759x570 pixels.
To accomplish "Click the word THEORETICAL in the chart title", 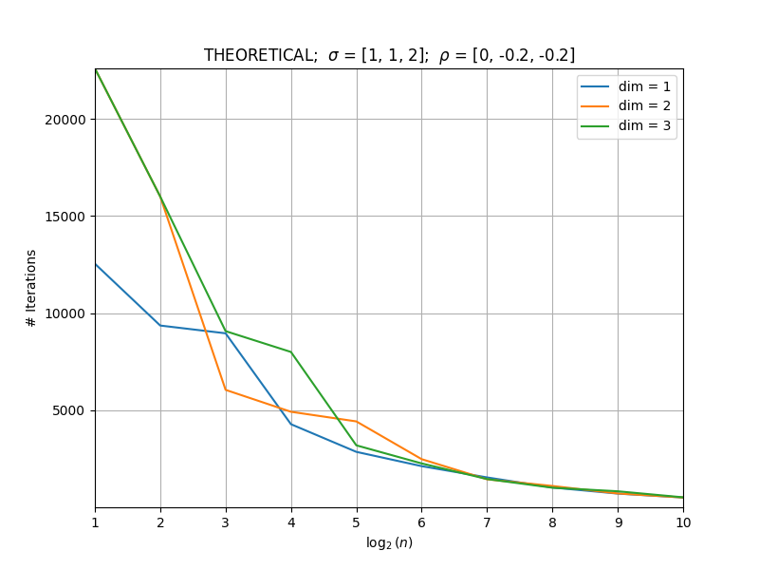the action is (x=260, y=55).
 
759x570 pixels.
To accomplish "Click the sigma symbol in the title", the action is (x=333, y=56).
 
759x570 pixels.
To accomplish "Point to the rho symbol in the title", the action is (x=444, y=57).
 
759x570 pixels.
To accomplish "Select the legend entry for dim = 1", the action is (x=625, y=86).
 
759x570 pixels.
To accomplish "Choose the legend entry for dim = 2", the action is (x=625, y=105).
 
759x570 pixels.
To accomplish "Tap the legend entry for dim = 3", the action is (x=625, y=125).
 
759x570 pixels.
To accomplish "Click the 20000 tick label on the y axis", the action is (x=65, y=120).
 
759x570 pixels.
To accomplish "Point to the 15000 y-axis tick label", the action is (x=65, y=217).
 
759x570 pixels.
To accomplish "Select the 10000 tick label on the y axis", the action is (x=65, y=313).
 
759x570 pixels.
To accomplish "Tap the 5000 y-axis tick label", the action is (x=68, y=411).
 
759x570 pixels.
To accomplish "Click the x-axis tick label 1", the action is (x=96, y=522).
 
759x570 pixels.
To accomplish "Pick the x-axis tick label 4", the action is (x=291, y=522).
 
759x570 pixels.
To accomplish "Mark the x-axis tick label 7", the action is (x=487, y=522).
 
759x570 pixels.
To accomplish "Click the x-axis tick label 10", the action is (x=683, y=522).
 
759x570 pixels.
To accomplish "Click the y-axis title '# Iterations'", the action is (x=31, y=289).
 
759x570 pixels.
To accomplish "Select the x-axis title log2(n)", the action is (x=389, y=542).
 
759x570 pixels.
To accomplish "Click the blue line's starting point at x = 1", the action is (x=96, y=264).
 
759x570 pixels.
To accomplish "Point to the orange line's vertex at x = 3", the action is (x=226, y=389).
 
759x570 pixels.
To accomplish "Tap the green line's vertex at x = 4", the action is (x=291, y=351).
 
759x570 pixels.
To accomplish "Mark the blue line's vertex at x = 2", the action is (x=160, y=325).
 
